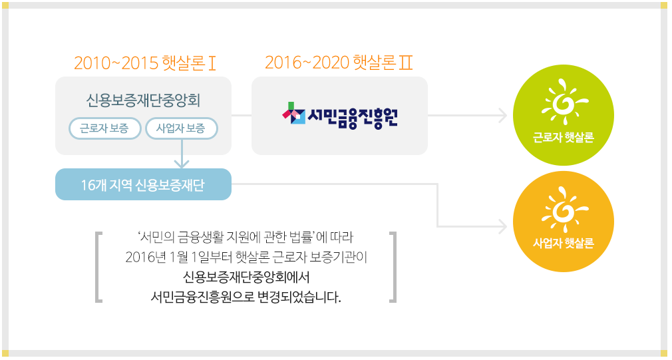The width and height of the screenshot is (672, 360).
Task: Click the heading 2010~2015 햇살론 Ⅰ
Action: tap(145, 64)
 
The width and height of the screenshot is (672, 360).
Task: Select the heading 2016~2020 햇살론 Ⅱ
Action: tap(339, 63)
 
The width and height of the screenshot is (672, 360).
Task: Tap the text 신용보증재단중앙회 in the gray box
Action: tap(143, 100)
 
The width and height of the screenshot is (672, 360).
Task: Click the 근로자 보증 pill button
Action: tap(105, 128)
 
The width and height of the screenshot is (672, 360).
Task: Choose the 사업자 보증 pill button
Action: tap(181, 128)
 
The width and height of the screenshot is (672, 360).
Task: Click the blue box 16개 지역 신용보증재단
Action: tap(143, 184)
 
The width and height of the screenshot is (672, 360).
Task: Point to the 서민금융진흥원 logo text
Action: tap(353, 116)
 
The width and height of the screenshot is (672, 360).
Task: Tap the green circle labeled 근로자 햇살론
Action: tap(563, 114)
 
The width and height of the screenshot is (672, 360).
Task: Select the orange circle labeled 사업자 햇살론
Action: tap(563, 221)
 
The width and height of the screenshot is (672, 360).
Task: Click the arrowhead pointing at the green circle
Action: tap(503, 116)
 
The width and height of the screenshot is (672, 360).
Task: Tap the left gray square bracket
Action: tap(99, 266)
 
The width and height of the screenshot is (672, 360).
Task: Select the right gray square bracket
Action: tap(393, 266)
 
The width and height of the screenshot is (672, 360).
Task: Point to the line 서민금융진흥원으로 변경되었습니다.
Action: tap(246, 296)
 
